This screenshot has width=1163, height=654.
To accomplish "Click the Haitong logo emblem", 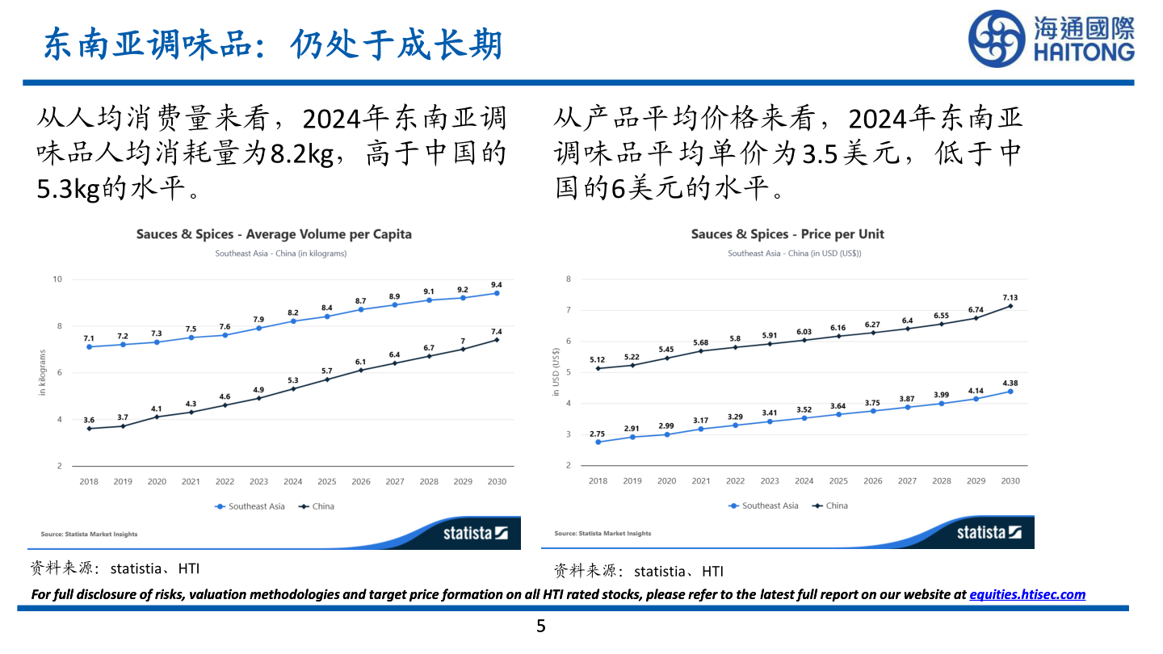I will point(998,39).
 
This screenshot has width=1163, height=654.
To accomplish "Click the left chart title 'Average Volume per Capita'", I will point(274,234).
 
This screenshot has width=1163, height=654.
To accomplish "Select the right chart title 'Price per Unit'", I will point(787,234).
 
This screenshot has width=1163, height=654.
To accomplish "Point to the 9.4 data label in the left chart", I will point(496,284).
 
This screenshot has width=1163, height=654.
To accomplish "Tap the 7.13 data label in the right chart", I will point(1010,297).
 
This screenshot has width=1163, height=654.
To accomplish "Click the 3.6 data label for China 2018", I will point(89,420).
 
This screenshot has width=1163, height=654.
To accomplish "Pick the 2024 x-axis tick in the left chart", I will point(292,482).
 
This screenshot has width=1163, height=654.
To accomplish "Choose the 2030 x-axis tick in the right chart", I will point(1010,481).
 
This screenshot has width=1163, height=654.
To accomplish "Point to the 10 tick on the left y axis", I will point(57,279).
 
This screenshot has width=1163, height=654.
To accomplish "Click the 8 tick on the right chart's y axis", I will point(569,279).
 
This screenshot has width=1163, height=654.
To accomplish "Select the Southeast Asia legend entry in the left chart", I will point(250,506).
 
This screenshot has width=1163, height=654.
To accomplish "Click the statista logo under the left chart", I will point(475,533).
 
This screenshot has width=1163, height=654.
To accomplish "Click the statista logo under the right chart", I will point(989,533).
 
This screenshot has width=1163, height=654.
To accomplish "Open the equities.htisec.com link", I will point(1027,594).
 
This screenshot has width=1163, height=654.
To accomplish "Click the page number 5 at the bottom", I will point(541,626).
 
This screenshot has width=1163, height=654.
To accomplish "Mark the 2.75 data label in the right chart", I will point(598,434).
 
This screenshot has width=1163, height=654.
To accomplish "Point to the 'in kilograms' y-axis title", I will point(43,372).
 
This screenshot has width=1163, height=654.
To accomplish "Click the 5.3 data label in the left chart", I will point(292,380).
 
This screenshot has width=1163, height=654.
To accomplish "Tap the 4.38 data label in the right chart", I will point(1010,383).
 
